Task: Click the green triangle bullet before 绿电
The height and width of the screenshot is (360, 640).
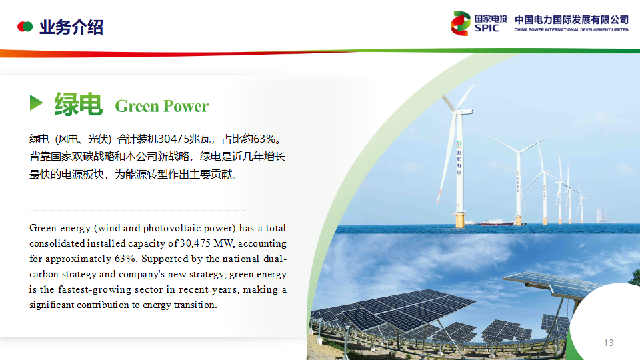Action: tap(36, 103)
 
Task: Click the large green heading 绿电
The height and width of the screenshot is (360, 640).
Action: tap(79, 104)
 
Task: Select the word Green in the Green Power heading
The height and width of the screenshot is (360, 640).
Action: tap(137, 106)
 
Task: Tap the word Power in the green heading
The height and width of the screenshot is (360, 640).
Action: tap(186, 106)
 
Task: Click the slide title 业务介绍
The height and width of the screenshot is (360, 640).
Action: tap(71, 27)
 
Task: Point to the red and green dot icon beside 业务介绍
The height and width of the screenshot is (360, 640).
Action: tap(25, 27)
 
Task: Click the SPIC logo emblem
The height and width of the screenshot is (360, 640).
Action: tap(461, 23)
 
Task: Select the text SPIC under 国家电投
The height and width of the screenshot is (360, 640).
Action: tap(487, 28)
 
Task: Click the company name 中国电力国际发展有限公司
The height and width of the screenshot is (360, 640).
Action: tap(571, 19)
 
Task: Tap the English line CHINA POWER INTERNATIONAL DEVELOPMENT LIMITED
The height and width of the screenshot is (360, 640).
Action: tap(572, 30)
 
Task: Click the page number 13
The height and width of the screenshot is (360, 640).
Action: tap(609, 343)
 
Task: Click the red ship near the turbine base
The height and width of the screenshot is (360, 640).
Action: tap(497, 223)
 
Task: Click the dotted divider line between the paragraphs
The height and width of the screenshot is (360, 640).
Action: tap(137, 211)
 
